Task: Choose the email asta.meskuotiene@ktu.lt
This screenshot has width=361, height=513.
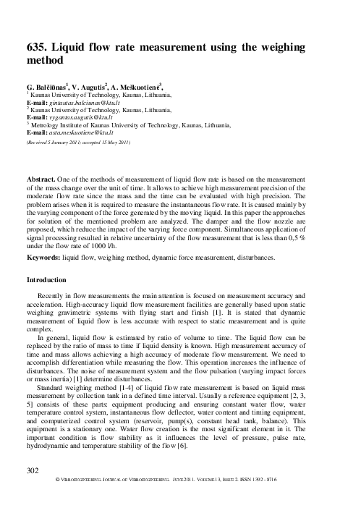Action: click(x=82, y=134)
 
